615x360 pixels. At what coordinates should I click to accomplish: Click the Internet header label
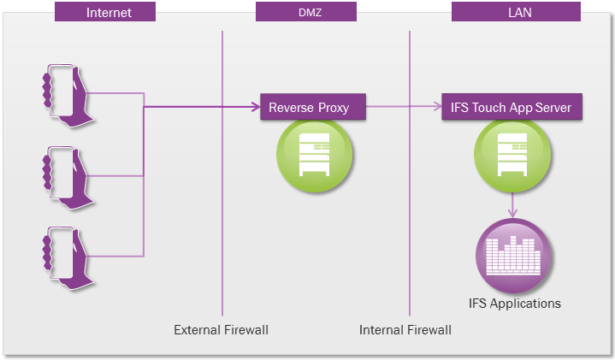pos(105,12)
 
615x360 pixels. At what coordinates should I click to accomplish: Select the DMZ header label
pos(306,12)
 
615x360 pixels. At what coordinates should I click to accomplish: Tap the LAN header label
pos(516,12)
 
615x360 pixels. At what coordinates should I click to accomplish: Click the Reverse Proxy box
pos(313,107)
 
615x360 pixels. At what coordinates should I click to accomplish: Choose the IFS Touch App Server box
pos(512,107)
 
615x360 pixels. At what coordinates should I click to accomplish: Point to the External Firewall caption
pos(222,330)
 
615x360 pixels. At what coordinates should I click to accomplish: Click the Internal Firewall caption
pos(405,330)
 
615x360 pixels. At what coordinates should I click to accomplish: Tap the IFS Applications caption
pos(515,304)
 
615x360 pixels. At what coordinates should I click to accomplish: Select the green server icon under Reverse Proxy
pos(314,156)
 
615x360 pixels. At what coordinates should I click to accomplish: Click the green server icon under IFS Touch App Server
pos(512,156)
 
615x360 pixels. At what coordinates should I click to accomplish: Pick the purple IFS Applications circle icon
pos(513,256)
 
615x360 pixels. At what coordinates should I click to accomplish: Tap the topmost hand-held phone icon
pos(68,95)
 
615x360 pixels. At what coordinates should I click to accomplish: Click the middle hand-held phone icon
pos(68,178)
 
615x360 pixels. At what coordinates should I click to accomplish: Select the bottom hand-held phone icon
pos(68,258)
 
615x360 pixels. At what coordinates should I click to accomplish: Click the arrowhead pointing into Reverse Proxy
pos(256,107)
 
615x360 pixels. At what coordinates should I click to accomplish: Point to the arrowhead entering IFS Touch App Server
pos(437,106)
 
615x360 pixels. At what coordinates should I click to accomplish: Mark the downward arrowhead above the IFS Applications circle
pos(512,213)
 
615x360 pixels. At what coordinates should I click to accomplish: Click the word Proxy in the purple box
pos(334,108)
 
